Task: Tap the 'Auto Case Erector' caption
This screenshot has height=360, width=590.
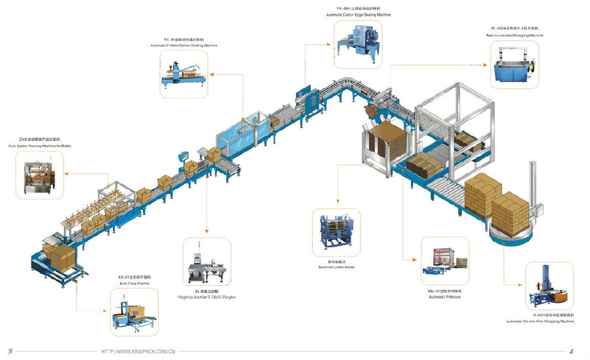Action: (134, 283)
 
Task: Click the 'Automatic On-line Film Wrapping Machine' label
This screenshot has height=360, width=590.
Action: (540, 321)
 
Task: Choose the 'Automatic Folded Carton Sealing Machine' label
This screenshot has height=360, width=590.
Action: (184, 45)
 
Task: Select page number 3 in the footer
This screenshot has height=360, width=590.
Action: (10, 351)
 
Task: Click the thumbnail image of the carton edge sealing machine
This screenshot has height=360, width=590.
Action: (358, 43)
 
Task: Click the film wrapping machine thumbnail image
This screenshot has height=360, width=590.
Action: (549, 286)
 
